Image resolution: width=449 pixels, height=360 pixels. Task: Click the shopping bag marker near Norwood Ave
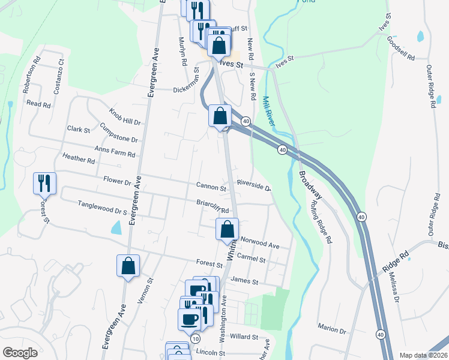coord(227,229)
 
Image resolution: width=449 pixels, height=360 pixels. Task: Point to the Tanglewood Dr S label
coord(103,208)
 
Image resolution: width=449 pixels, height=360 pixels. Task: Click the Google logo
coord(20,353)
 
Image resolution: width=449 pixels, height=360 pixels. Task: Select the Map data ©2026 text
coord(423,355)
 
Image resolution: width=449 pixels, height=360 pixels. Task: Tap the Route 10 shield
coord(196,339)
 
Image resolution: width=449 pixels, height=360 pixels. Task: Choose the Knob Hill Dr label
coord(124,116)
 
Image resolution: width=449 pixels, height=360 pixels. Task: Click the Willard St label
coord(243,337)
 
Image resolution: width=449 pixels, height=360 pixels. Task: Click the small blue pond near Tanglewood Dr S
coord(116,227)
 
